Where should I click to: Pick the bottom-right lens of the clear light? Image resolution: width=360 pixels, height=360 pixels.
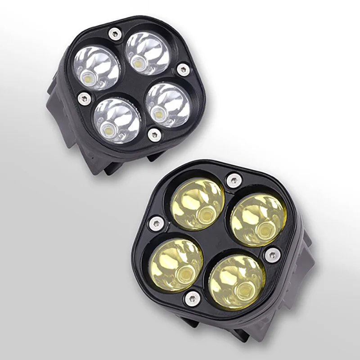coord(168,104)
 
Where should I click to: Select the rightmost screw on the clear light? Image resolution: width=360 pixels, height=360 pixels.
coord(183,69)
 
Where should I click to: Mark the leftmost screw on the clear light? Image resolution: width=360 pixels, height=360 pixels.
coord(84,98)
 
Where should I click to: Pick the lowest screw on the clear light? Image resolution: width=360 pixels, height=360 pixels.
coord(154,135)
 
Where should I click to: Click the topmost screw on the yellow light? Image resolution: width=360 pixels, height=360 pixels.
coord(234,180)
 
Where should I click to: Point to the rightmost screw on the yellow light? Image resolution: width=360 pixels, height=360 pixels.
coord(272,255)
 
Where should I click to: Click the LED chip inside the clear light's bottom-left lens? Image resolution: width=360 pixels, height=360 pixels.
coord(108,131)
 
